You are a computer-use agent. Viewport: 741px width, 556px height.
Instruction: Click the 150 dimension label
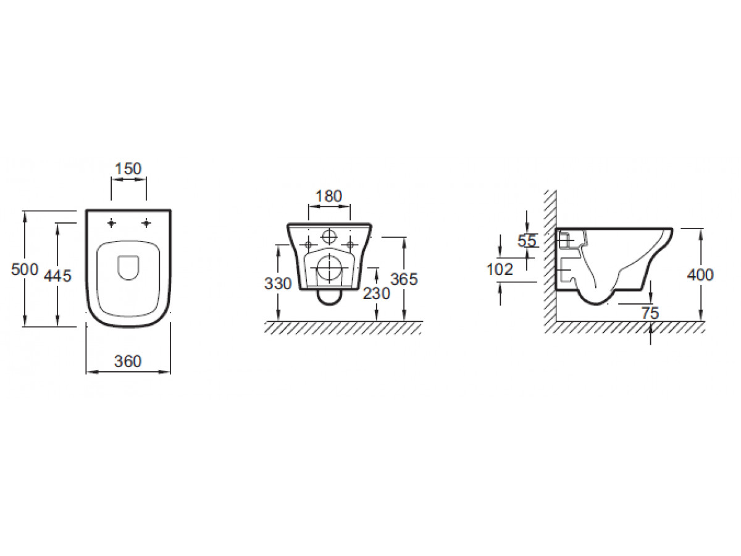coord(128,169)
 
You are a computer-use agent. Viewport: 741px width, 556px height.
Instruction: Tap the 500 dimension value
coord(25,269)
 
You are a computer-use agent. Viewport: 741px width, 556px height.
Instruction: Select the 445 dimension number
coord(57,276)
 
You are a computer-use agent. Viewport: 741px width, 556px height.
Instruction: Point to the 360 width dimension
coord(128,361)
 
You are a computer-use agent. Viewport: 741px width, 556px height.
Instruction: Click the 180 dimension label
coord(329,196)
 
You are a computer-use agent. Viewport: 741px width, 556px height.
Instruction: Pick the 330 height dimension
coord(278,284)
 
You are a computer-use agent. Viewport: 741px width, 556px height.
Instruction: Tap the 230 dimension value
coord(377,293)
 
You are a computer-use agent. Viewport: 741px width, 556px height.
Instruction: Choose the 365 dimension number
coord(404,279)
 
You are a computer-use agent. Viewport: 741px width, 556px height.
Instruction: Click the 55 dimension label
coord(527,241)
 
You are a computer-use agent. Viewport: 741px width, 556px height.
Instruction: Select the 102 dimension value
coord(500,269)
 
